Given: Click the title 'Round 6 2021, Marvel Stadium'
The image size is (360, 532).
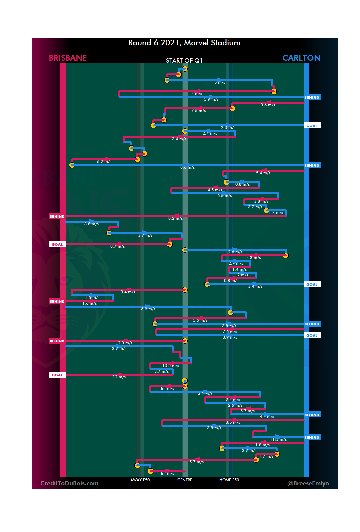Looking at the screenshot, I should click(x=184, y=43).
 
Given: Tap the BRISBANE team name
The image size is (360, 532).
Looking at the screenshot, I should click(x=68, y=58).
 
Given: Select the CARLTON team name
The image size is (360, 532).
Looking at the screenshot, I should click(x=301, y=58).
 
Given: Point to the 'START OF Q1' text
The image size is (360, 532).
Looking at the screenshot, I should click(x=184, y=61).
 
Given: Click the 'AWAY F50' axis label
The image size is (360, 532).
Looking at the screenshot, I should click(x=140, y=480).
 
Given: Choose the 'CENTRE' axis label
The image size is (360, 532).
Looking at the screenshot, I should click(x=185, y=480).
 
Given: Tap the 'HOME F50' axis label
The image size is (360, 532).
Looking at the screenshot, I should click(x=229, y=480).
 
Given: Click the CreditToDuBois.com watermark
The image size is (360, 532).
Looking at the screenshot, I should click(x=69, y=483).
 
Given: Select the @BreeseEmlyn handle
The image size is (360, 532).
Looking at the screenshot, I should click(x=308, y=483).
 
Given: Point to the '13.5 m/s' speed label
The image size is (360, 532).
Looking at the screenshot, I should click(x=171, y=366).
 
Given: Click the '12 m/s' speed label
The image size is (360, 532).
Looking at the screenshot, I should click(x=119, y=377).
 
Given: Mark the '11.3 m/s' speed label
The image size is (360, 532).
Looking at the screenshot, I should click(x=278, y=439).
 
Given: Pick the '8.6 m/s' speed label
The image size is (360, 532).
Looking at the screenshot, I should click(x=187, y=167).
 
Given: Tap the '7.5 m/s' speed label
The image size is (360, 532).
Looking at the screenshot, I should click(x=198, y=111).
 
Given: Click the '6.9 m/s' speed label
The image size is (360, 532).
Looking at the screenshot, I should click(x=148, y=309).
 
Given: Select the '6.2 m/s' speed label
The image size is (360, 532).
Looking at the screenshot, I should click(x=104, y=162).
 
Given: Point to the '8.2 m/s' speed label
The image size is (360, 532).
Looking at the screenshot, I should click(x=175, y=218).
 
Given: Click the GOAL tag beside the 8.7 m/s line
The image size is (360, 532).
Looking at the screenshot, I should click(x=57, y=244).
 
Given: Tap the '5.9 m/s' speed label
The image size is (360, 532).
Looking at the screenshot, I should click(x=211, y=99).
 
